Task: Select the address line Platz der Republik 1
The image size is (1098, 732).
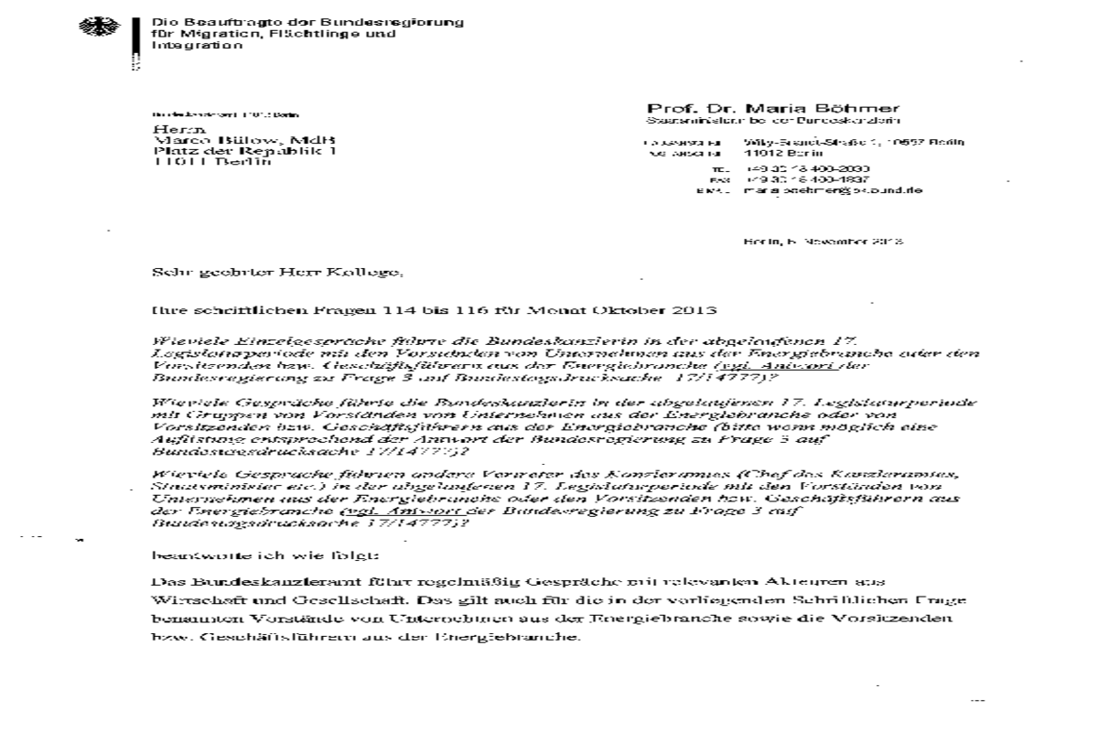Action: [243, 151]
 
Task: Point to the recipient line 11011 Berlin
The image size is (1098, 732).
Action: [212, 162]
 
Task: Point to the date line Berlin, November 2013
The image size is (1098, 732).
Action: [823, 242]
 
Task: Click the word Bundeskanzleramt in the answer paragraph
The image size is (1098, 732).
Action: [216, 582]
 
